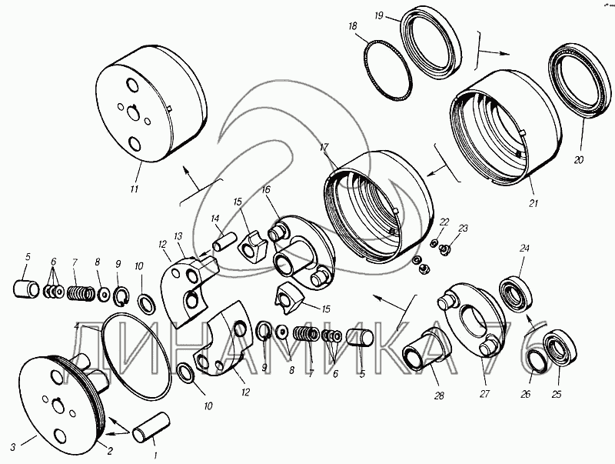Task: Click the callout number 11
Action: click(134, 189)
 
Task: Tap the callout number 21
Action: click(534, 203)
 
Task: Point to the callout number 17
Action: click(324, 148)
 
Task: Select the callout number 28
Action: click(439, 396)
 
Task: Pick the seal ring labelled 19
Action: click(430, 46)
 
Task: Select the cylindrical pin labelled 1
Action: click(151, 427)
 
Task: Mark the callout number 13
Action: click(178, 236)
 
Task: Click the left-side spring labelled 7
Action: click(81, 292)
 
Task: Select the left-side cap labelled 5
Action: click(27, 288)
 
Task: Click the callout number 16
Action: click(266, 189)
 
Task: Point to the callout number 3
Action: click(13, 447)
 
